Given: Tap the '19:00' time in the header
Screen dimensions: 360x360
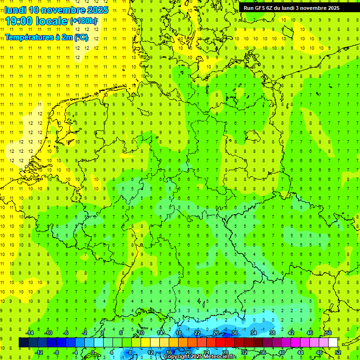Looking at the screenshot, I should (x=18, y=21).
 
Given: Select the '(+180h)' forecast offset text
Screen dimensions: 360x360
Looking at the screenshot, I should (x=84, y=21).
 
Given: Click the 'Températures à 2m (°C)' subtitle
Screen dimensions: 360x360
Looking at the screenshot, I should (x=46, y=37).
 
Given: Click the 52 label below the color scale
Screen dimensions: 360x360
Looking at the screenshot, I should (x=338, y=352).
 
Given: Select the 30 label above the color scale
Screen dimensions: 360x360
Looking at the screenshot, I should (x=235, y=333).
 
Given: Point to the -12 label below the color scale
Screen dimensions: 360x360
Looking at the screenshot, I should (x=39, y=352).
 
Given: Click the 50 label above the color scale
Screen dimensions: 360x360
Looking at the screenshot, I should (x=329, y=333).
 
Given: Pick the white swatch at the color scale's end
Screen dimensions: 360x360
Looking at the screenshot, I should (x=333, y=343).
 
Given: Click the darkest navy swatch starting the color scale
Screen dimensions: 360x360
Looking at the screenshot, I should (x=23, y=343).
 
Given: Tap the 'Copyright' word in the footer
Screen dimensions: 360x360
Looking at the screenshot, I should (x=177, y=357).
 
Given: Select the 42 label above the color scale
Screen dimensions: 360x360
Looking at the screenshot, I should (x=291, y=333).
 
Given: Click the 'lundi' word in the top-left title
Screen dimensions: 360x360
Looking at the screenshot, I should (x=15, y=10).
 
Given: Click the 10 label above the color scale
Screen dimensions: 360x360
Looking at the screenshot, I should (x=141, y=333).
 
